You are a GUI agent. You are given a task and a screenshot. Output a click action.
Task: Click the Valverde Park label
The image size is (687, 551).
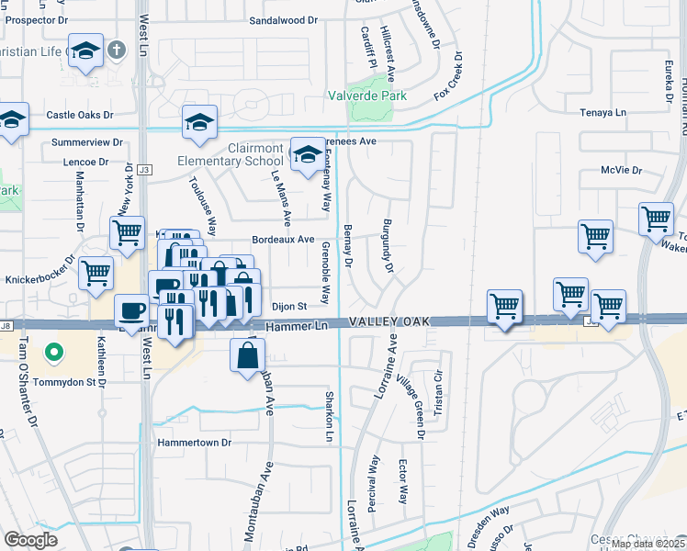coord(368,95)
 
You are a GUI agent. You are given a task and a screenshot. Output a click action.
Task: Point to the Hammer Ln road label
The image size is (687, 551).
coord(297,326)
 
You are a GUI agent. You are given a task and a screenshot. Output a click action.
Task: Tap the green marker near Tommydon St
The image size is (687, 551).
coord(54,351)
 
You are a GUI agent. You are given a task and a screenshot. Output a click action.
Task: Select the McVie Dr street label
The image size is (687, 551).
coord(620,170)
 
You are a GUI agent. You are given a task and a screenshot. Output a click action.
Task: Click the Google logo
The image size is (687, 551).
coord(30,539)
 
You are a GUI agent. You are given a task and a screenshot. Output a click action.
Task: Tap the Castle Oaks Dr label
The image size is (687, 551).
coord(79,115)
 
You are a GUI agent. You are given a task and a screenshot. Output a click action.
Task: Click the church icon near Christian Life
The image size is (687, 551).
coord(117,51)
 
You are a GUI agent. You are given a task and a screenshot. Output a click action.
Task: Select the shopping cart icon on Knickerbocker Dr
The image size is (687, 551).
coord(96,273)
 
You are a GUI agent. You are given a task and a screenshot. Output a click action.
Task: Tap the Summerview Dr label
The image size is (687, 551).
coord(87,142)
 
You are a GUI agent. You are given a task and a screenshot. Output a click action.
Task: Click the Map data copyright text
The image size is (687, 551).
coord(648,544)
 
